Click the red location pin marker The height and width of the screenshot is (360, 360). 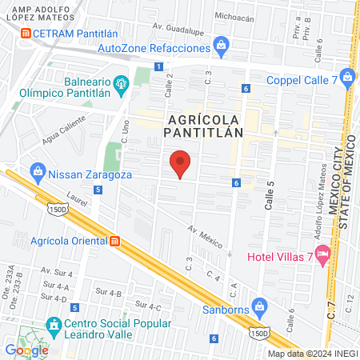(x=181, y=163)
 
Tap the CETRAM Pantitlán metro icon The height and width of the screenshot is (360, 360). (x=27, y=33)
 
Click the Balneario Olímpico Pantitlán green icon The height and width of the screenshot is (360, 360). (x=122, y=82)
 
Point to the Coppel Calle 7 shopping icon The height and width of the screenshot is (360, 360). (x=346, y=77)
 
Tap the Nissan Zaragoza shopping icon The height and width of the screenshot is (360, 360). (x=38, y=170)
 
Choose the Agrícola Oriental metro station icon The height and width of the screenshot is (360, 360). (x=115, y=240)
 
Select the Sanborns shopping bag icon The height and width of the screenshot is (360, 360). (x=258, y=306)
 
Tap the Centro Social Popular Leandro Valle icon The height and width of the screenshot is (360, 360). (x=54, y=325)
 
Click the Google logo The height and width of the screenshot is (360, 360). (x=26, y=350)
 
